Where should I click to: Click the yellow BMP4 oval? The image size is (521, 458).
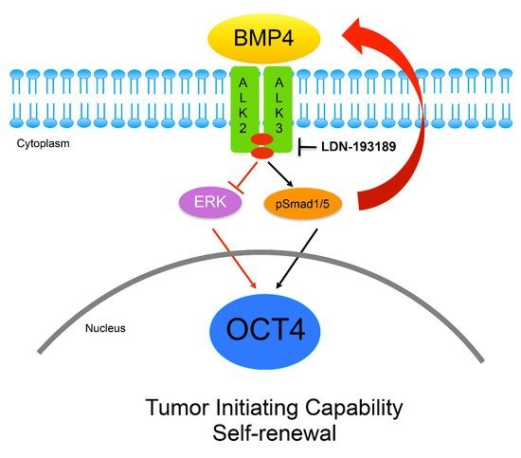pos(264,38)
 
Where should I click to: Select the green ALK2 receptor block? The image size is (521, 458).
pos(244,109)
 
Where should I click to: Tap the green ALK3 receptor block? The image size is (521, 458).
pos(278,109)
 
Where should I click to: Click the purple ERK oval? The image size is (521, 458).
pos(210,202)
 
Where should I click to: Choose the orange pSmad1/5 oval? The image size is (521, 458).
pos(303,203)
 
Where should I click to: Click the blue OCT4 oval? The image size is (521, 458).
pos(265,331)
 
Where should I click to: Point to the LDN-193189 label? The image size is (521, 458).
pos(358,147)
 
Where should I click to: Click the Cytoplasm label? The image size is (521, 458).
pos(44,144)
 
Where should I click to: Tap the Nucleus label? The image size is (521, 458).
pos(105,328)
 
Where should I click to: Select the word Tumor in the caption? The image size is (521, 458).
pos(177,408)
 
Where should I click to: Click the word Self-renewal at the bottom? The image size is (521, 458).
pos(275,433)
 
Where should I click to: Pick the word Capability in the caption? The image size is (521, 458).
pos(354,408)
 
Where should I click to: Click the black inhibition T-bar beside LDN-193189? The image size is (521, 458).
pos(306,147)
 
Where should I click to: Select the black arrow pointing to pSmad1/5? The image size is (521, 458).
pos(280,174)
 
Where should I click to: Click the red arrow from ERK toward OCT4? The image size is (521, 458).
pos(234,259)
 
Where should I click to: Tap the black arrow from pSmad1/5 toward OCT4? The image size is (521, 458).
pos(296,259)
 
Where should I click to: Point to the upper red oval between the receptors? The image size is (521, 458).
pos(261,138)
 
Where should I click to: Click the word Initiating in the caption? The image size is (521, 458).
pos(257,408)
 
